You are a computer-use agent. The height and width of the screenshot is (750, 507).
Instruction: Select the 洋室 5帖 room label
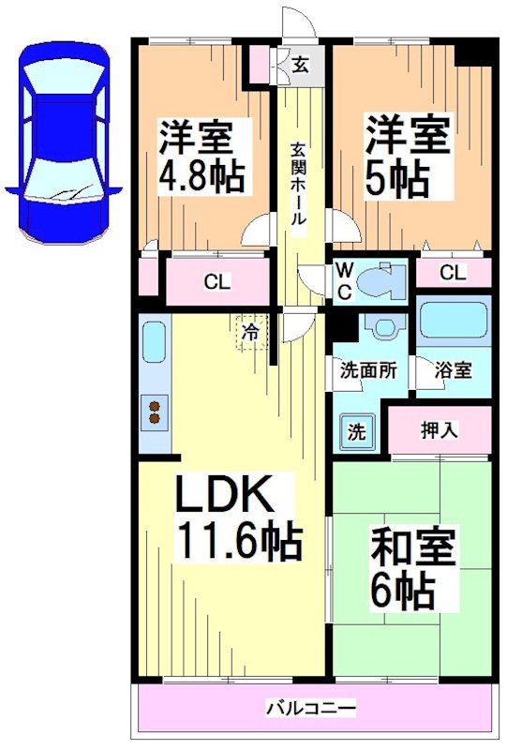pyautogui.click(x=407, y=154)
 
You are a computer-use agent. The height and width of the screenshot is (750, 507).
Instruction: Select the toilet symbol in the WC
pyautogui.click(x=383, y=280)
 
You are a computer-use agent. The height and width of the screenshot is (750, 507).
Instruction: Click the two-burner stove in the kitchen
pyautogui.click(x=154, y=412)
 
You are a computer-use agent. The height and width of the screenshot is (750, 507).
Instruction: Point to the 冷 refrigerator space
pyautogui.click(x=250, y=332)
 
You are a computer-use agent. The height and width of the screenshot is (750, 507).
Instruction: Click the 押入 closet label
pyautogui.click(x=439, y=430)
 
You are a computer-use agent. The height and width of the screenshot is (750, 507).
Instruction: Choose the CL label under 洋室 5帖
pyautogui.click(x=452, y=273)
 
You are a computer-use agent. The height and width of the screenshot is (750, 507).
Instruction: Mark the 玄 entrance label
pyautogui.click(x=300, y=65)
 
